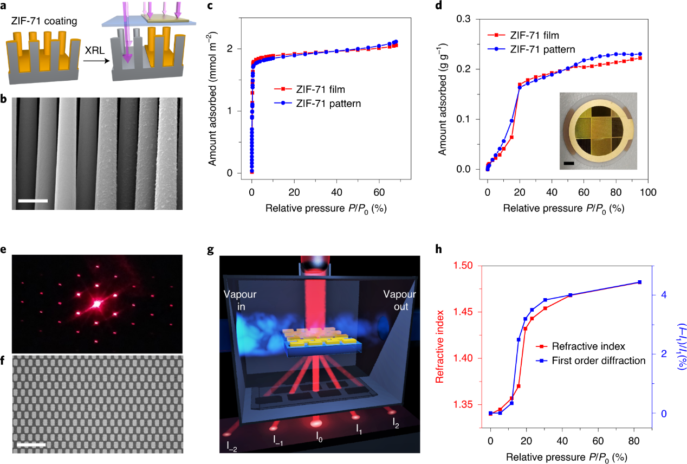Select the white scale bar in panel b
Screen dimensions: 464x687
(x=33, y=201)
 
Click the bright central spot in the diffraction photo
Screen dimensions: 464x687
(x=98, y=304)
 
